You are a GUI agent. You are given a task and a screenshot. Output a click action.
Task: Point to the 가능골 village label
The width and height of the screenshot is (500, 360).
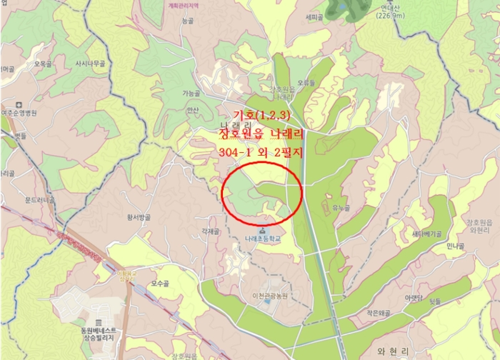click(x=191, y=93)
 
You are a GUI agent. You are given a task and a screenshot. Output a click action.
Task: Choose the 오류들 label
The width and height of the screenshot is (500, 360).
click(x=306, y=82)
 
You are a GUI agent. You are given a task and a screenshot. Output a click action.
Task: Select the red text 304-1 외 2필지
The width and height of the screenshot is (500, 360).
click(x=261, y=152)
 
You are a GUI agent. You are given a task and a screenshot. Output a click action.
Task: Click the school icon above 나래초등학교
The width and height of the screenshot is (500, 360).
click(x=262, y=229)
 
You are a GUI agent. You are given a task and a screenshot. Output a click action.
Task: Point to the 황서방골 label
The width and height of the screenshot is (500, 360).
click(x=139, y=216)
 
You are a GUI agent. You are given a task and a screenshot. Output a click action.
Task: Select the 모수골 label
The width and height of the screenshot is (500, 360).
click(x=160, y=284)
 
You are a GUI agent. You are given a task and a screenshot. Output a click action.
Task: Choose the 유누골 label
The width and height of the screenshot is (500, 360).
click(x=341, y=209)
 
